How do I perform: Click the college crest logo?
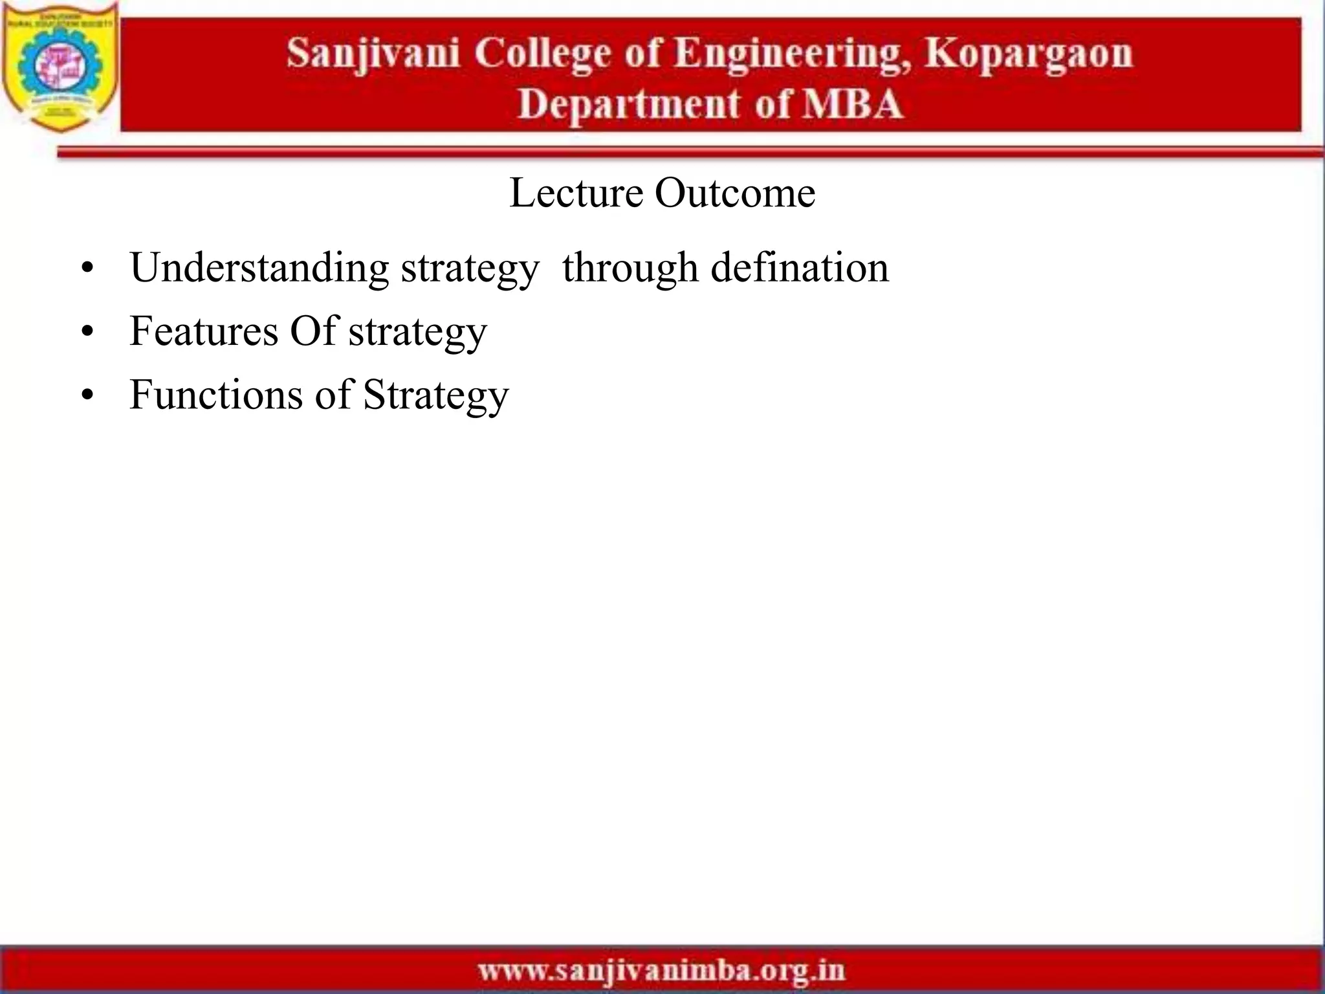[60, 67]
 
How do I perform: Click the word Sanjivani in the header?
[373, 53]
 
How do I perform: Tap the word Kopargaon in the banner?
[1028, 53]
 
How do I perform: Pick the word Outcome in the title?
[735, 193]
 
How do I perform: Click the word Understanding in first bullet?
[259, 268]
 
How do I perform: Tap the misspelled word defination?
[800, 268]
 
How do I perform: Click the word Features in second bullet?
[204, 331]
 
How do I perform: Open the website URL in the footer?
[661, 971]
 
